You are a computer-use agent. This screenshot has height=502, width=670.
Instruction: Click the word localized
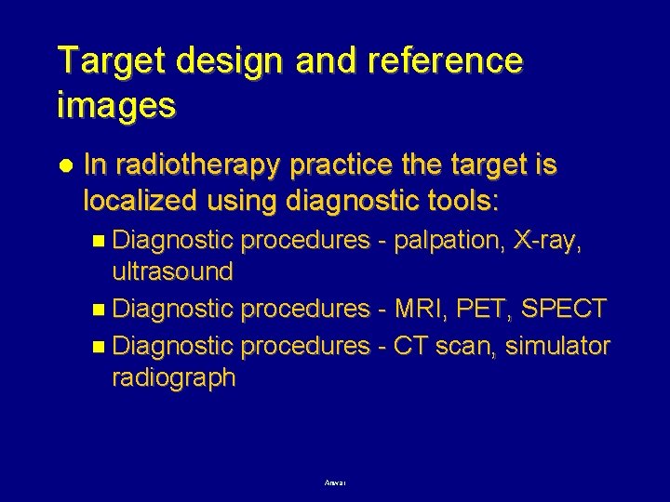pos(140,200)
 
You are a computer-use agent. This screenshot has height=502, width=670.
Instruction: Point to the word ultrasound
pos(172,272)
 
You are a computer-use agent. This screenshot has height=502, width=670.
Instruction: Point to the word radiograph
pos(173,378)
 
